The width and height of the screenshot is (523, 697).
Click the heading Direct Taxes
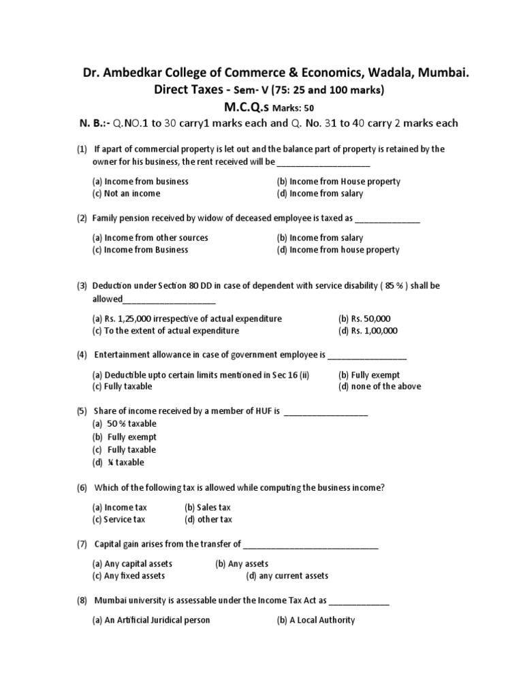pos(191,90)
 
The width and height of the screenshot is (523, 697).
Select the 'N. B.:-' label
pos(93,123)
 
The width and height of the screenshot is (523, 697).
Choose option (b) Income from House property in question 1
pos(338,182)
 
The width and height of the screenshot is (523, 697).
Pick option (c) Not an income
pos(127,194)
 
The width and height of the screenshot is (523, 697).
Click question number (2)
pos(82,219)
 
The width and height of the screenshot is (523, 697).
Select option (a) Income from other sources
pos(150,238)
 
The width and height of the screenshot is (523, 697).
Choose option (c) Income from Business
pos(140,250)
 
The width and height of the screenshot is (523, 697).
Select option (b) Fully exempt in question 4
pos(369,375)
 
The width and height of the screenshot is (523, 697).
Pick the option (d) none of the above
pos(379,387)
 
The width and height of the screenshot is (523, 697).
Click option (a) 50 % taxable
pos(125,423)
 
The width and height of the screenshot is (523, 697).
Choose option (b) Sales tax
pos(208,508)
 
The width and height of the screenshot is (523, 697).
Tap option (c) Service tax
pos(119,519)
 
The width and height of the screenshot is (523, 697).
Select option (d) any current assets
pos(287,576)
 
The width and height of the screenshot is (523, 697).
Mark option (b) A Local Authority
pos(316,620)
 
